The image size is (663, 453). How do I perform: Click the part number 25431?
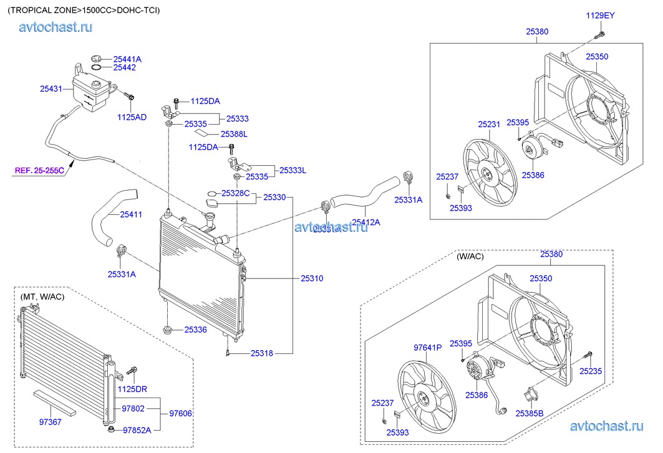(x=51, y=89)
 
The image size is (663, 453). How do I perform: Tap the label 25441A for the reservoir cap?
(x=127, y=59)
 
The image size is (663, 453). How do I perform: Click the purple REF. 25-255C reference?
(x=40, y=169)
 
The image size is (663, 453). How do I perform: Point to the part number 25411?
(x=131, y=214)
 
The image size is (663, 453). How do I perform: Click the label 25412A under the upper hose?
(x=365, y=222)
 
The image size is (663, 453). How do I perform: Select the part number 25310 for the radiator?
(x=312, y=278)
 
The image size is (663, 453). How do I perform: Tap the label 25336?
(x=195, y=329)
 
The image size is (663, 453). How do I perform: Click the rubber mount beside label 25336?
(x=167, y=328)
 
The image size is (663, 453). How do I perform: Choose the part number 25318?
(x=262, y=353)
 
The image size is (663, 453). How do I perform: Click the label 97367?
(x=51, y=422)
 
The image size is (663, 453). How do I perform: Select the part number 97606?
(x=181, y=412)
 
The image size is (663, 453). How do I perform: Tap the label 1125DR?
(x=132, y=389)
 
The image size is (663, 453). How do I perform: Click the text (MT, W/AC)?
(x=42, y=297)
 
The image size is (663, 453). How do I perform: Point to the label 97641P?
(x=428, y=348)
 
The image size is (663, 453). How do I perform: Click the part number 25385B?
(x=530, y=412)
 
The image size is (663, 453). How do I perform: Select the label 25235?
(x=591, y=371)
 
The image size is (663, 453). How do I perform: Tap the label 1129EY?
(x=600, y=15)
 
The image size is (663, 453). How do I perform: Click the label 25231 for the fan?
(x=490, y=125)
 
